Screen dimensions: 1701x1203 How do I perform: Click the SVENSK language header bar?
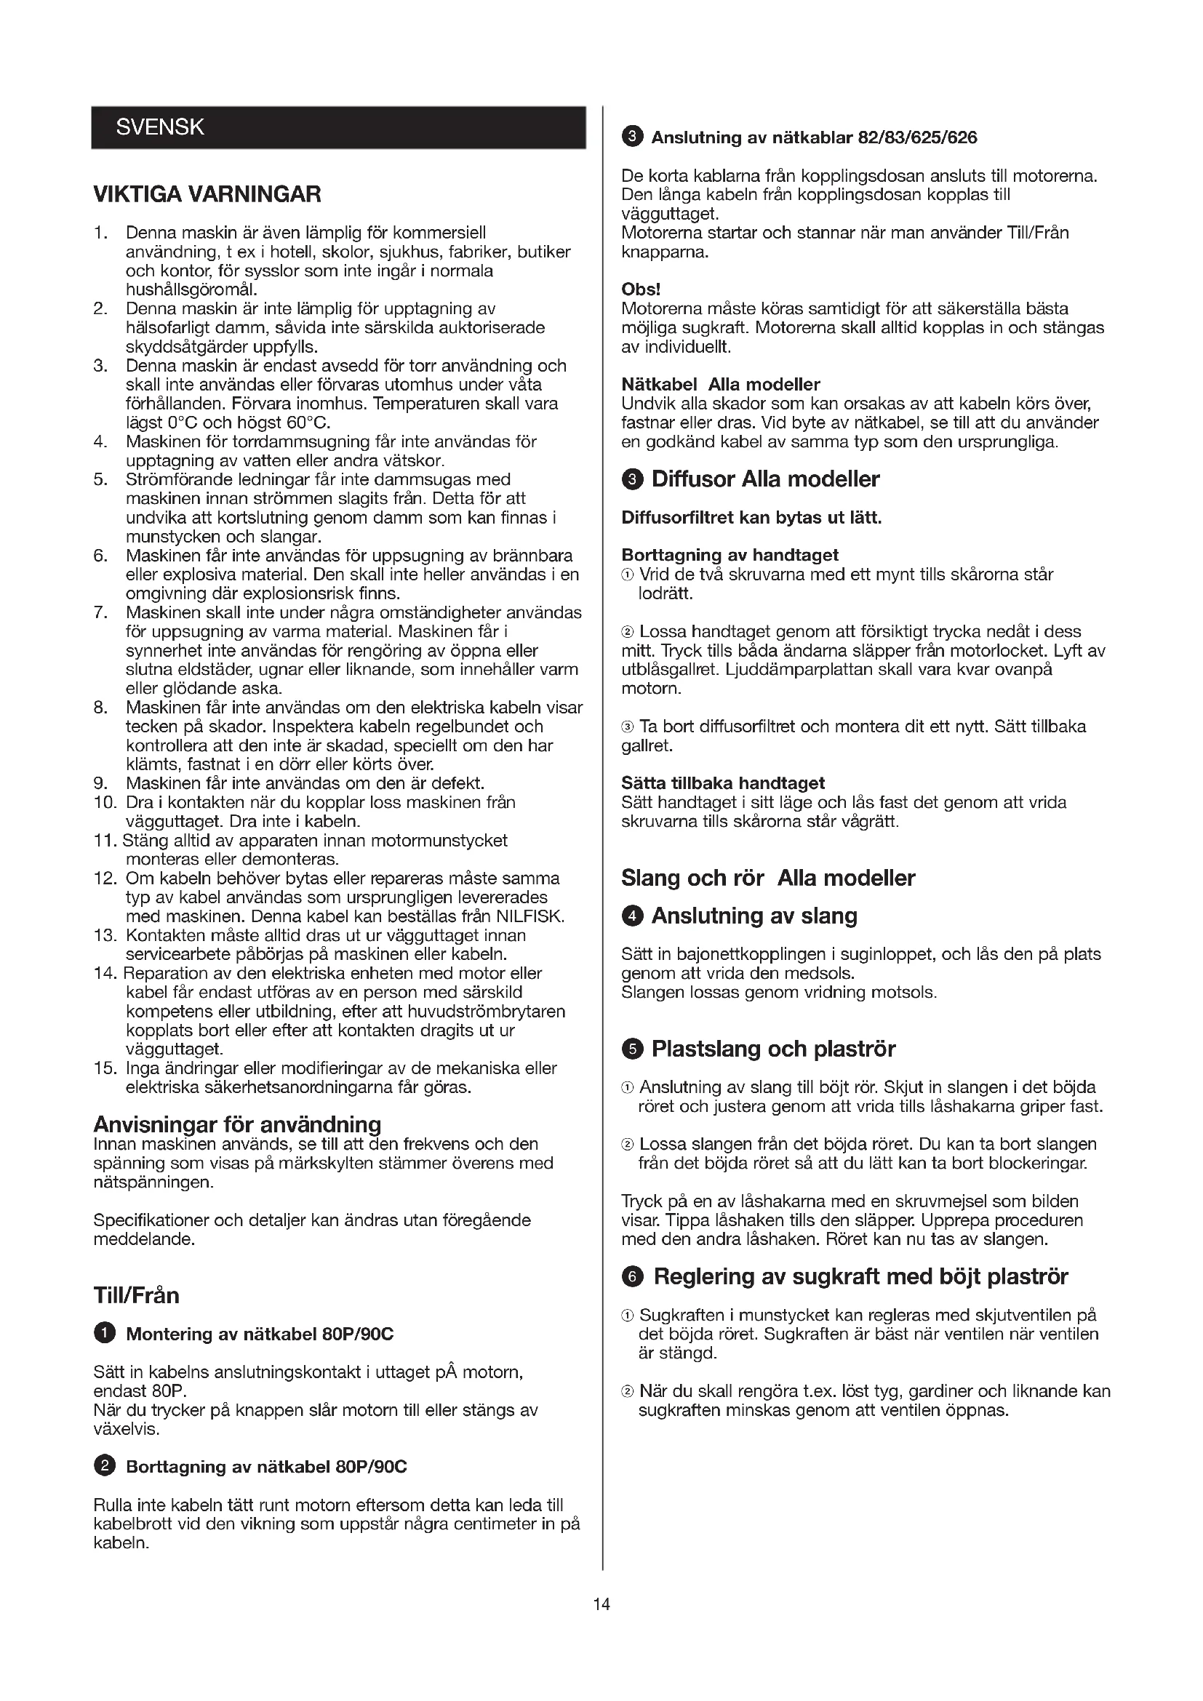pos(338,127)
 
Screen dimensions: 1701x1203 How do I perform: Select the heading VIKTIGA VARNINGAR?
pos(207,195)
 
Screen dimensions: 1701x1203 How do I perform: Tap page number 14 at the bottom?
pos(601,1604)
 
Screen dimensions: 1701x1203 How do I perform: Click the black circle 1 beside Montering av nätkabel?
pos(105,1334)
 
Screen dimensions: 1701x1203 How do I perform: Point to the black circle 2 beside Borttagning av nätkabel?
pos(105,1466)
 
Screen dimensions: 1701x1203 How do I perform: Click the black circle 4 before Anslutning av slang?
pos(632,916)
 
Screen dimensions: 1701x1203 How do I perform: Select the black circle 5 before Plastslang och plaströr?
pos(632,1049)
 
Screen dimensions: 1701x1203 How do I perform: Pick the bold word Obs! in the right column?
pos(641,289)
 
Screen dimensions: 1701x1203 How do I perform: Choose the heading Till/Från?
pos(136,1295)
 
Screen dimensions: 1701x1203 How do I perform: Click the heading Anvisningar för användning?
pos(237,1124)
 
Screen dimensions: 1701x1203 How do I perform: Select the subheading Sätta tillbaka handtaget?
pos(723,783)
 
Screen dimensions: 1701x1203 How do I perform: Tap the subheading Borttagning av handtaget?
pos(730,555)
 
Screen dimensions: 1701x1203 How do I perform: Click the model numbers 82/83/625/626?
pos(917,137)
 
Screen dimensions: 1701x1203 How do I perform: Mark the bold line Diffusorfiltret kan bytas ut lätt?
pos(751,518)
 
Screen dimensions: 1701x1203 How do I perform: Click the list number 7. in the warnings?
pos(102,612)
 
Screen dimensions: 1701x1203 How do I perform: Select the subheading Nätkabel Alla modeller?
pos(721,385)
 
